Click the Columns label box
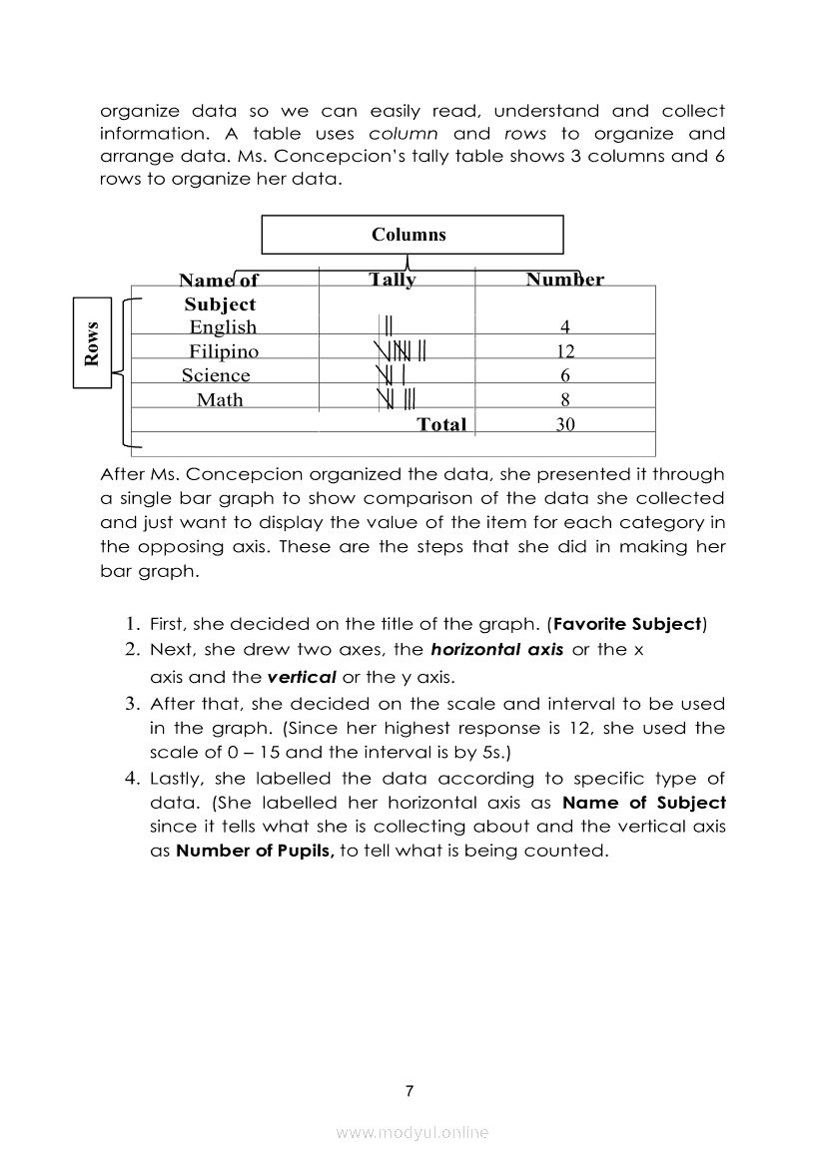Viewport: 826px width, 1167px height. point(412,236)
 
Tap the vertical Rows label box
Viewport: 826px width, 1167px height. point(93,342)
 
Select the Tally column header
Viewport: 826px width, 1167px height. point(393,281)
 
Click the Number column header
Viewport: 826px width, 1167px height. point(564,281)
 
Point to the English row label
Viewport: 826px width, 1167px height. point(223,327)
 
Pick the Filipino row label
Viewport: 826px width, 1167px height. point(224,351)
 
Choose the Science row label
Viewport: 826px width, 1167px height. point(216,375)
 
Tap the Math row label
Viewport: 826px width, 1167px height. point(220,399)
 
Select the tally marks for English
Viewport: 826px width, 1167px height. point(390,326)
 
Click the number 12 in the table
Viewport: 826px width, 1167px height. point(564,351)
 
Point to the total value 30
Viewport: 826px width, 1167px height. point(564,424)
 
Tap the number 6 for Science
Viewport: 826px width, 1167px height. point(564,375)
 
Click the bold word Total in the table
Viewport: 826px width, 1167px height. point(441,424)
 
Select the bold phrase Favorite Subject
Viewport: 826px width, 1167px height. point(627,625)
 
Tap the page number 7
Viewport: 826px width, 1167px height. point(410,1091)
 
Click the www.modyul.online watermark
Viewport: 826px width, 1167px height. point(413,1133)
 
